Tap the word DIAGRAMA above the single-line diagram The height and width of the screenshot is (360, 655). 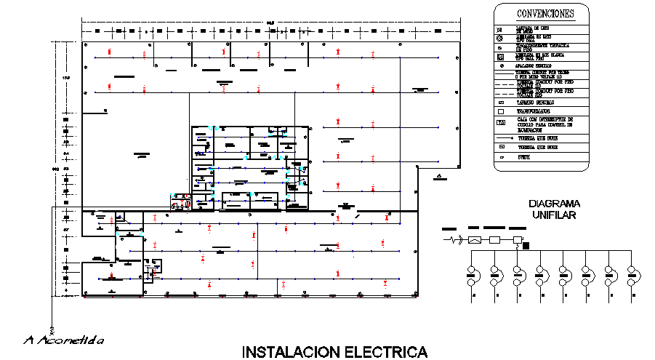click(x=554, y=204)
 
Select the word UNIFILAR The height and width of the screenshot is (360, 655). click(x=554, y=215)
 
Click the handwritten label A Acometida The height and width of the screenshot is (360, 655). click(x=63, y=340)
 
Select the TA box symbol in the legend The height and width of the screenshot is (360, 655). click(x=500, y=122)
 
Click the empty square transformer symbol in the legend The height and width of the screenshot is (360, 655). click(x=500, y=112)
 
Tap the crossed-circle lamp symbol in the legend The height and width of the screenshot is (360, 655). click(x=500, y=37)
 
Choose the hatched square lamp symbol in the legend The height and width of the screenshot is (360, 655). click(x=500, y=56)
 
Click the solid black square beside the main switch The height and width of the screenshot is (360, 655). click(x=527, y=245)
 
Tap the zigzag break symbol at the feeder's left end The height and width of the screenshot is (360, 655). click(x=456, y=239)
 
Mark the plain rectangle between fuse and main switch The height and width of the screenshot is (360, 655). click(x=495, y=239)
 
